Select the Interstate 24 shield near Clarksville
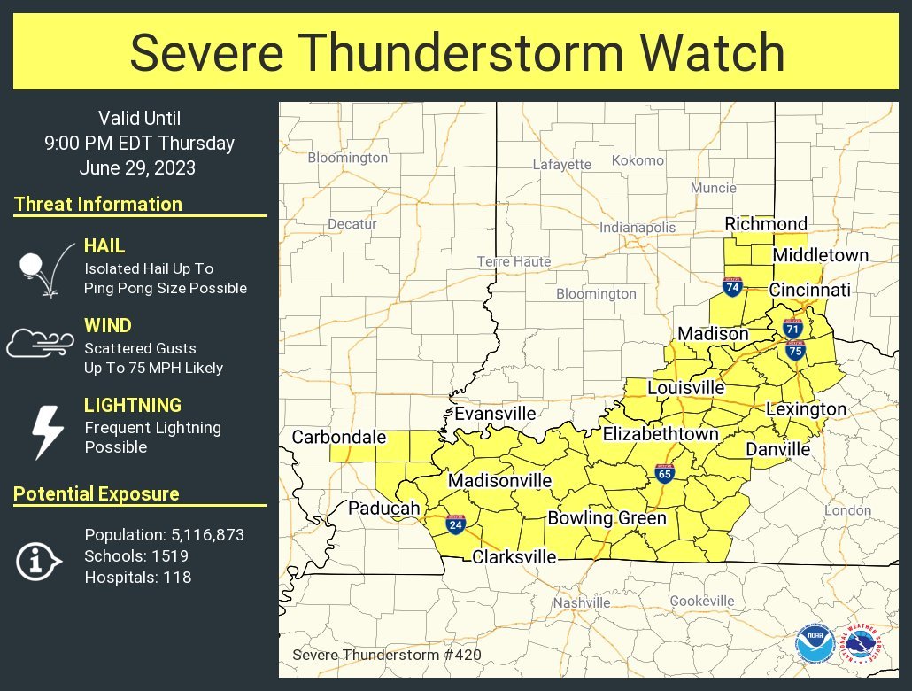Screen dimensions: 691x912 [x=455, y=524]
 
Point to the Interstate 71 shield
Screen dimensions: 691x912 [x=793, y=328]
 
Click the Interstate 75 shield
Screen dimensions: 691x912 [x=795, y=350]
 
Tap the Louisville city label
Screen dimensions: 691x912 [x=686, y=388]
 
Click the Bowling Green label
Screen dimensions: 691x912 [x=607, y=518]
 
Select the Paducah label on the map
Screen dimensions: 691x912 [x=383, y=508]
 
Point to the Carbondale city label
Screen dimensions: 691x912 [x=339, y=437]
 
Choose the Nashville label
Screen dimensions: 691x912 [x=582, y=602]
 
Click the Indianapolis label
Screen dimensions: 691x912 [x=638, y=228]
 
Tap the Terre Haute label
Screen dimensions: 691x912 [x=514, y=261]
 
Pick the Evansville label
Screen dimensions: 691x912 [x=495, y=414]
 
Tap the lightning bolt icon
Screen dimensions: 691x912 [x=47, y=431]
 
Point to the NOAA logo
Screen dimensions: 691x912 [x=813, y=644]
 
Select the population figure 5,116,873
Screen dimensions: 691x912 [x=205, y=535]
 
